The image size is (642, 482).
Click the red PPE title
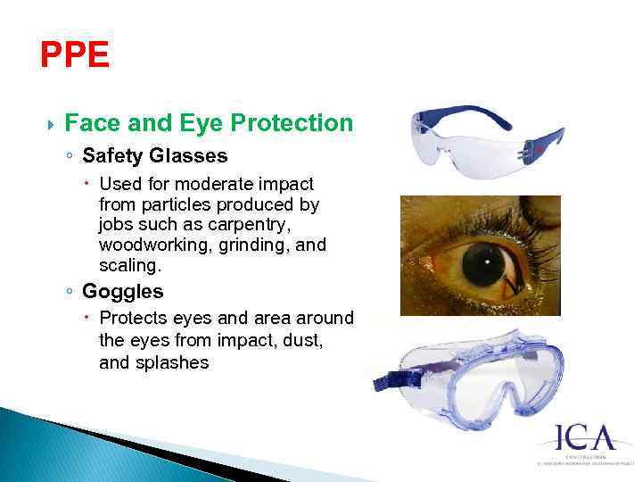[75, 56]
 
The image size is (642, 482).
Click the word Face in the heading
[90, 123]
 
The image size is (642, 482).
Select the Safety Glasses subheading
[154, 156]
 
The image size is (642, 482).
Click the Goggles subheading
[122, 291]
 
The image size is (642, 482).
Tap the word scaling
[128, 265]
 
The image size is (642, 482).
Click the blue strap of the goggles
[397, 381]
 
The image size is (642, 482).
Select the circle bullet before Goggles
[69, 292]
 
